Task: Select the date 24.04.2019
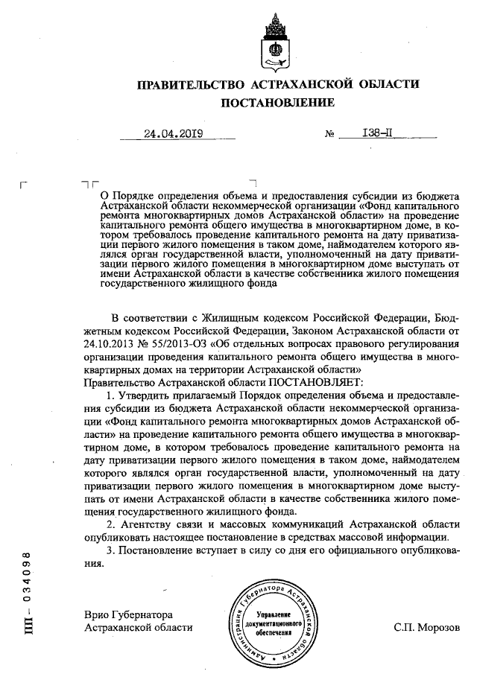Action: coord(173,135)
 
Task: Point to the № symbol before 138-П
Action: coord(329,136)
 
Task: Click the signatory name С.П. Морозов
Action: coord(427,627)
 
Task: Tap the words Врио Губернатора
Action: coord(129,615)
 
